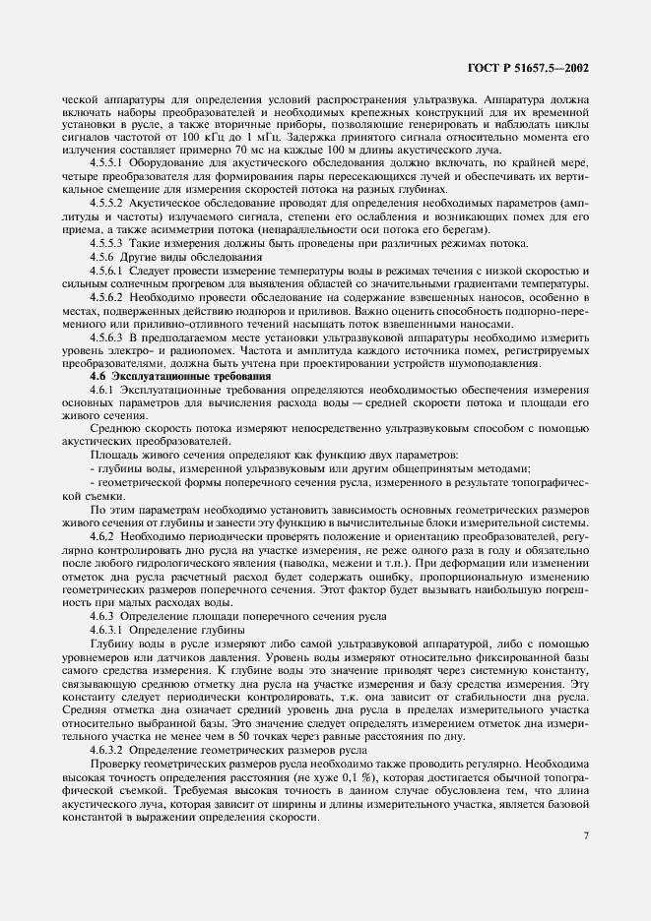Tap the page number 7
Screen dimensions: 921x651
point(586,836)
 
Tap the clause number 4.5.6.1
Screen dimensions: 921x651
point(110,270)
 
